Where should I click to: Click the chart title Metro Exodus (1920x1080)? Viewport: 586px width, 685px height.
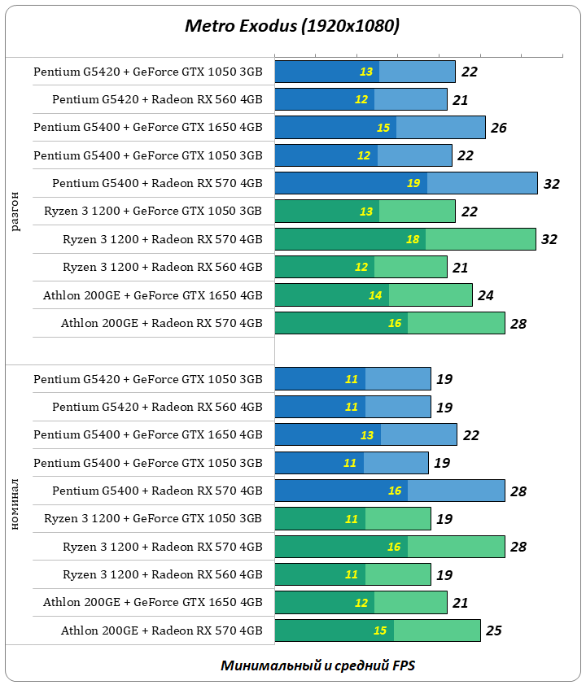click(x=292, y=27)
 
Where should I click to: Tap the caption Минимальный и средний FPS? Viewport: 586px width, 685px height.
click(x=317, y=665)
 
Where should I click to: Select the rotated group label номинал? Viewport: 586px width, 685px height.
click(x=16, y=504)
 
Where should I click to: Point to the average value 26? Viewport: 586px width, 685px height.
click(x=499, y=128)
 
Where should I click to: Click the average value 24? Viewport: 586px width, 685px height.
click(x=486, y=295)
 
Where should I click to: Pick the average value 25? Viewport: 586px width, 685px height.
click(x=494, y=630)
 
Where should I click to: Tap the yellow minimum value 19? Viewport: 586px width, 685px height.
click(x=413, y=183)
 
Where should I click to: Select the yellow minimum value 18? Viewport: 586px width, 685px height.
click(x=413, y=239)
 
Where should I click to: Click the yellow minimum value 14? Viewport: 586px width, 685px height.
click(x=375, y=295)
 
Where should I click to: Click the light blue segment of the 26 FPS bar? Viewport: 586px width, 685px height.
click(x=440, y=128)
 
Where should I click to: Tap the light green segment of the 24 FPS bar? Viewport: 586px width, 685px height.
click(x=431, y=295)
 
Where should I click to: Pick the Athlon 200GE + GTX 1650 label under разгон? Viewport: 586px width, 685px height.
click(x=153, y=295)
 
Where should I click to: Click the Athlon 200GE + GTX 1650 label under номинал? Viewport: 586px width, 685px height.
click(x=153, y=603)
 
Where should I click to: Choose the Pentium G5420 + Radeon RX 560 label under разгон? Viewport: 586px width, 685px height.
click(x=157, y=100)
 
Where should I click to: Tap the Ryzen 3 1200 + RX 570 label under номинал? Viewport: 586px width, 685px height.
click(x=163, y=547)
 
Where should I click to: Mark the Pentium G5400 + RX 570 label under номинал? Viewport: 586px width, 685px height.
click(x=157, y=491)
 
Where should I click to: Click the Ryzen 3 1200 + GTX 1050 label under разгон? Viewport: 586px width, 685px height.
click(x=153, y=212)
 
